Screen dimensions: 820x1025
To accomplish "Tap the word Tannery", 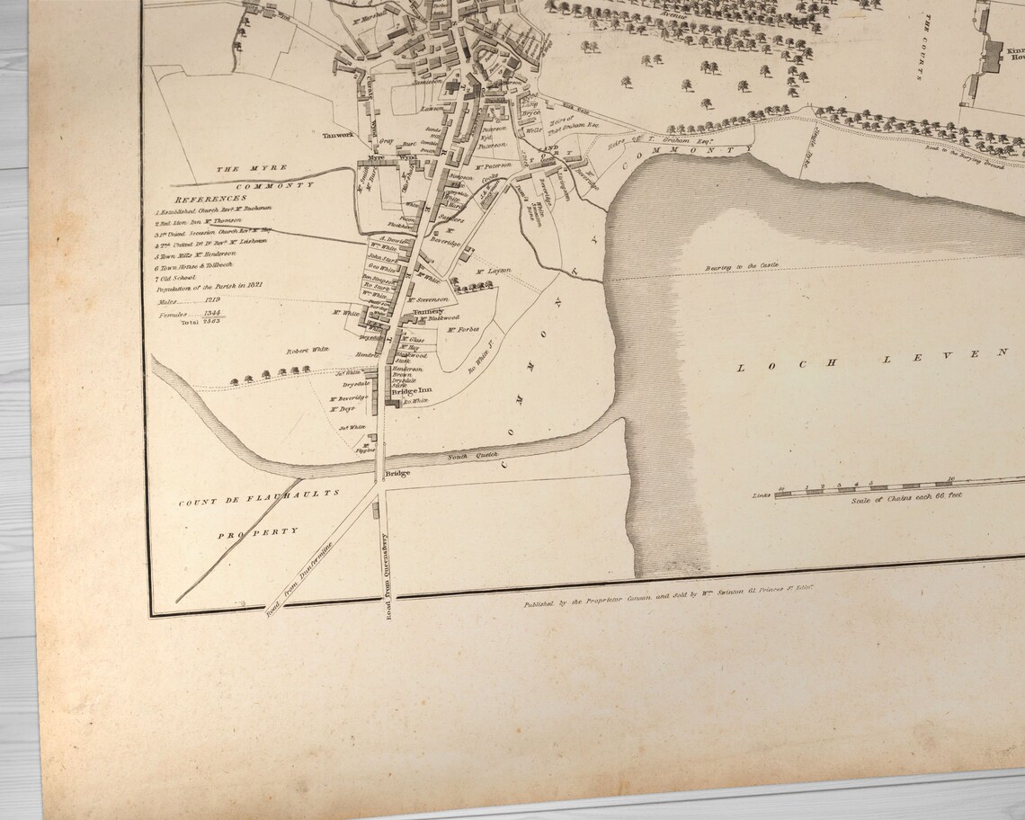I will pos(429,311).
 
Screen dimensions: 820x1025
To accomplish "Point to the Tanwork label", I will pos(340,137).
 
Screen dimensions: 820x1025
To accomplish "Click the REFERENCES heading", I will pos(210,199).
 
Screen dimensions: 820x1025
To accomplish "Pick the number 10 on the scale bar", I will pos(950,479).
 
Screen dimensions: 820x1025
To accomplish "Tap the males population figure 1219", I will pos(212,299).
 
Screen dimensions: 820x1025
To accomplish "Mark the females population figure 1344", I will pos(212,312).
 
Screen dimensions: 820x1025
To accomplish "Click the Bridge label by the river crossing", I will pos(397,473).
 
